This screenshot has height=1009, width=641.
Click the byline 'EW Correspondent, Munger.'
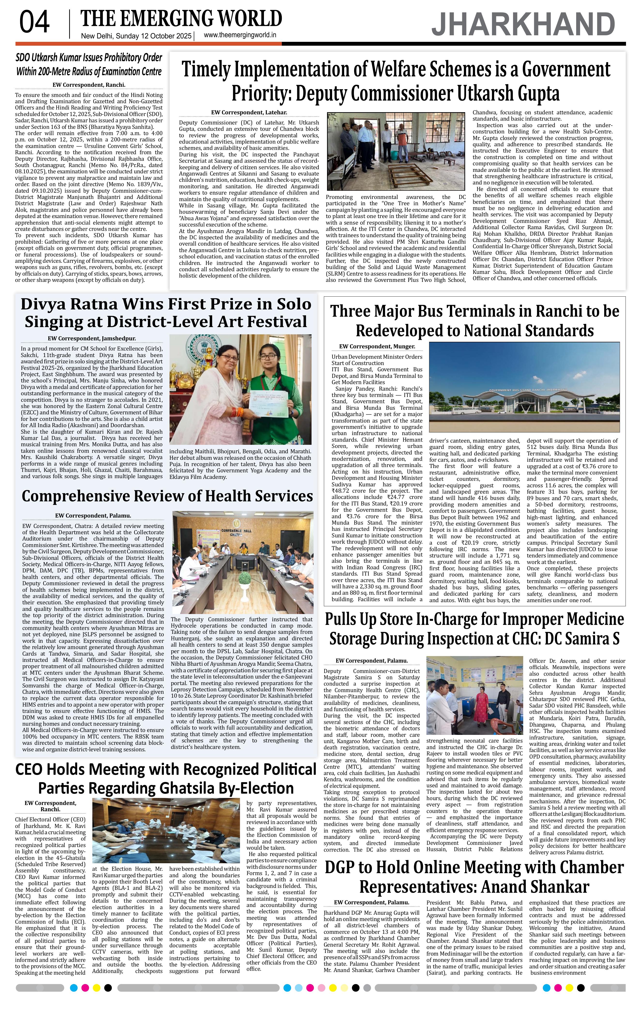(x=377, y=347)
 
